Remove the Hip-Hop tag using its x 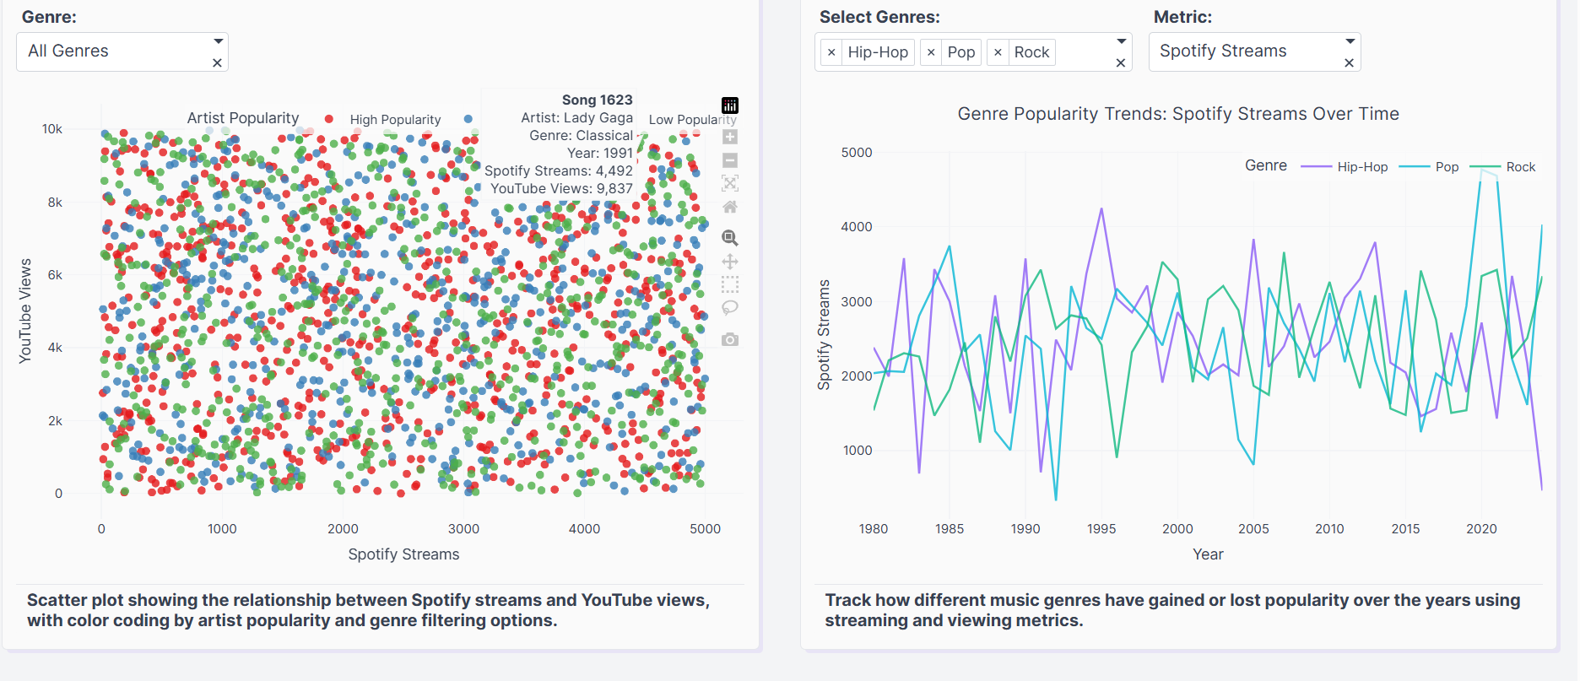pyautogui.click(x=831, y=52)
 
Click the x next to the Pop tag pyautogui.click(x=931, y=52)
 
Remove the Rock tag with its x pyautogui.click(x=998, y=52)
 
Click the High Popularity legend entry pyautogui.click(x=395, y=120)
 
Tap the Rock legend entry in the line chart pyautogui.click(x=1520, y=167)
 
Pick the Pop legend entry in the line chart pyautogui.click(x=1447, y=167)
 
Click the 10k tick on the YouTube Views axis pyautogui.click(x=52, y=129)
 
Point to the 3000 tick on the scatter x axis pyautogui.click(x=463, y=529)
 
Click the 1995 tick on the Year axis pyautogui.click(x=1101, y=529)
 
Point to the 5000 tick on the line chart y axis pyautogui.click(x=857, y=153)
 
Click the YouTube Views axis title pyautogui.click(x=25, y=311)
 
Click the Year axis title pyautogui.click(x=1208, y=554)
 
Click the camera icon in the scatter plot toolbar pyautogui.click(x=730, y=339)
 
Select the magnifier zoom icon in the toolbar pyautogui.click(x=730, y=238)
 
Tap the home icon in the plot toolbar pyautogui.click(x=730, y=207)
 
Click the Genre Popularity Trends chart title pyautogui.click(x=1178, y=114)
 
